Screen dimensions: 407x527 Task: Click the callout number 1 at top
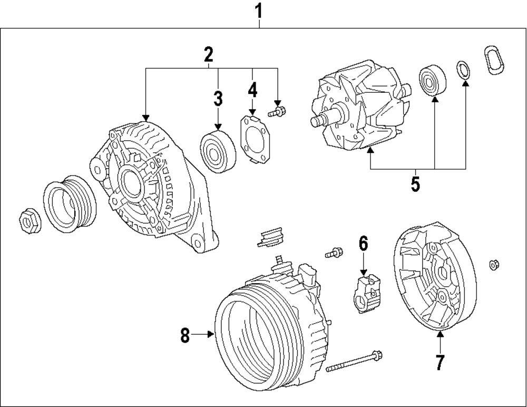click(259, 9)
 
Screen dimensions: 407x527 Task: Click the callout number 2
click(209, 54)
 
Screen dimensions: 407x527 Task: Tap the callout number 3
click(218, 99)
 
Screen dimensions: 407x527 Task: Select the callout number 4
click(252, 90)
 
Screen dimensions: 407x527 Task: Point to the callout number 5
click(415, 185)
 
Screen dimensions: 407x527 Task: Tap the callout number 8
click(185, 336)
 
